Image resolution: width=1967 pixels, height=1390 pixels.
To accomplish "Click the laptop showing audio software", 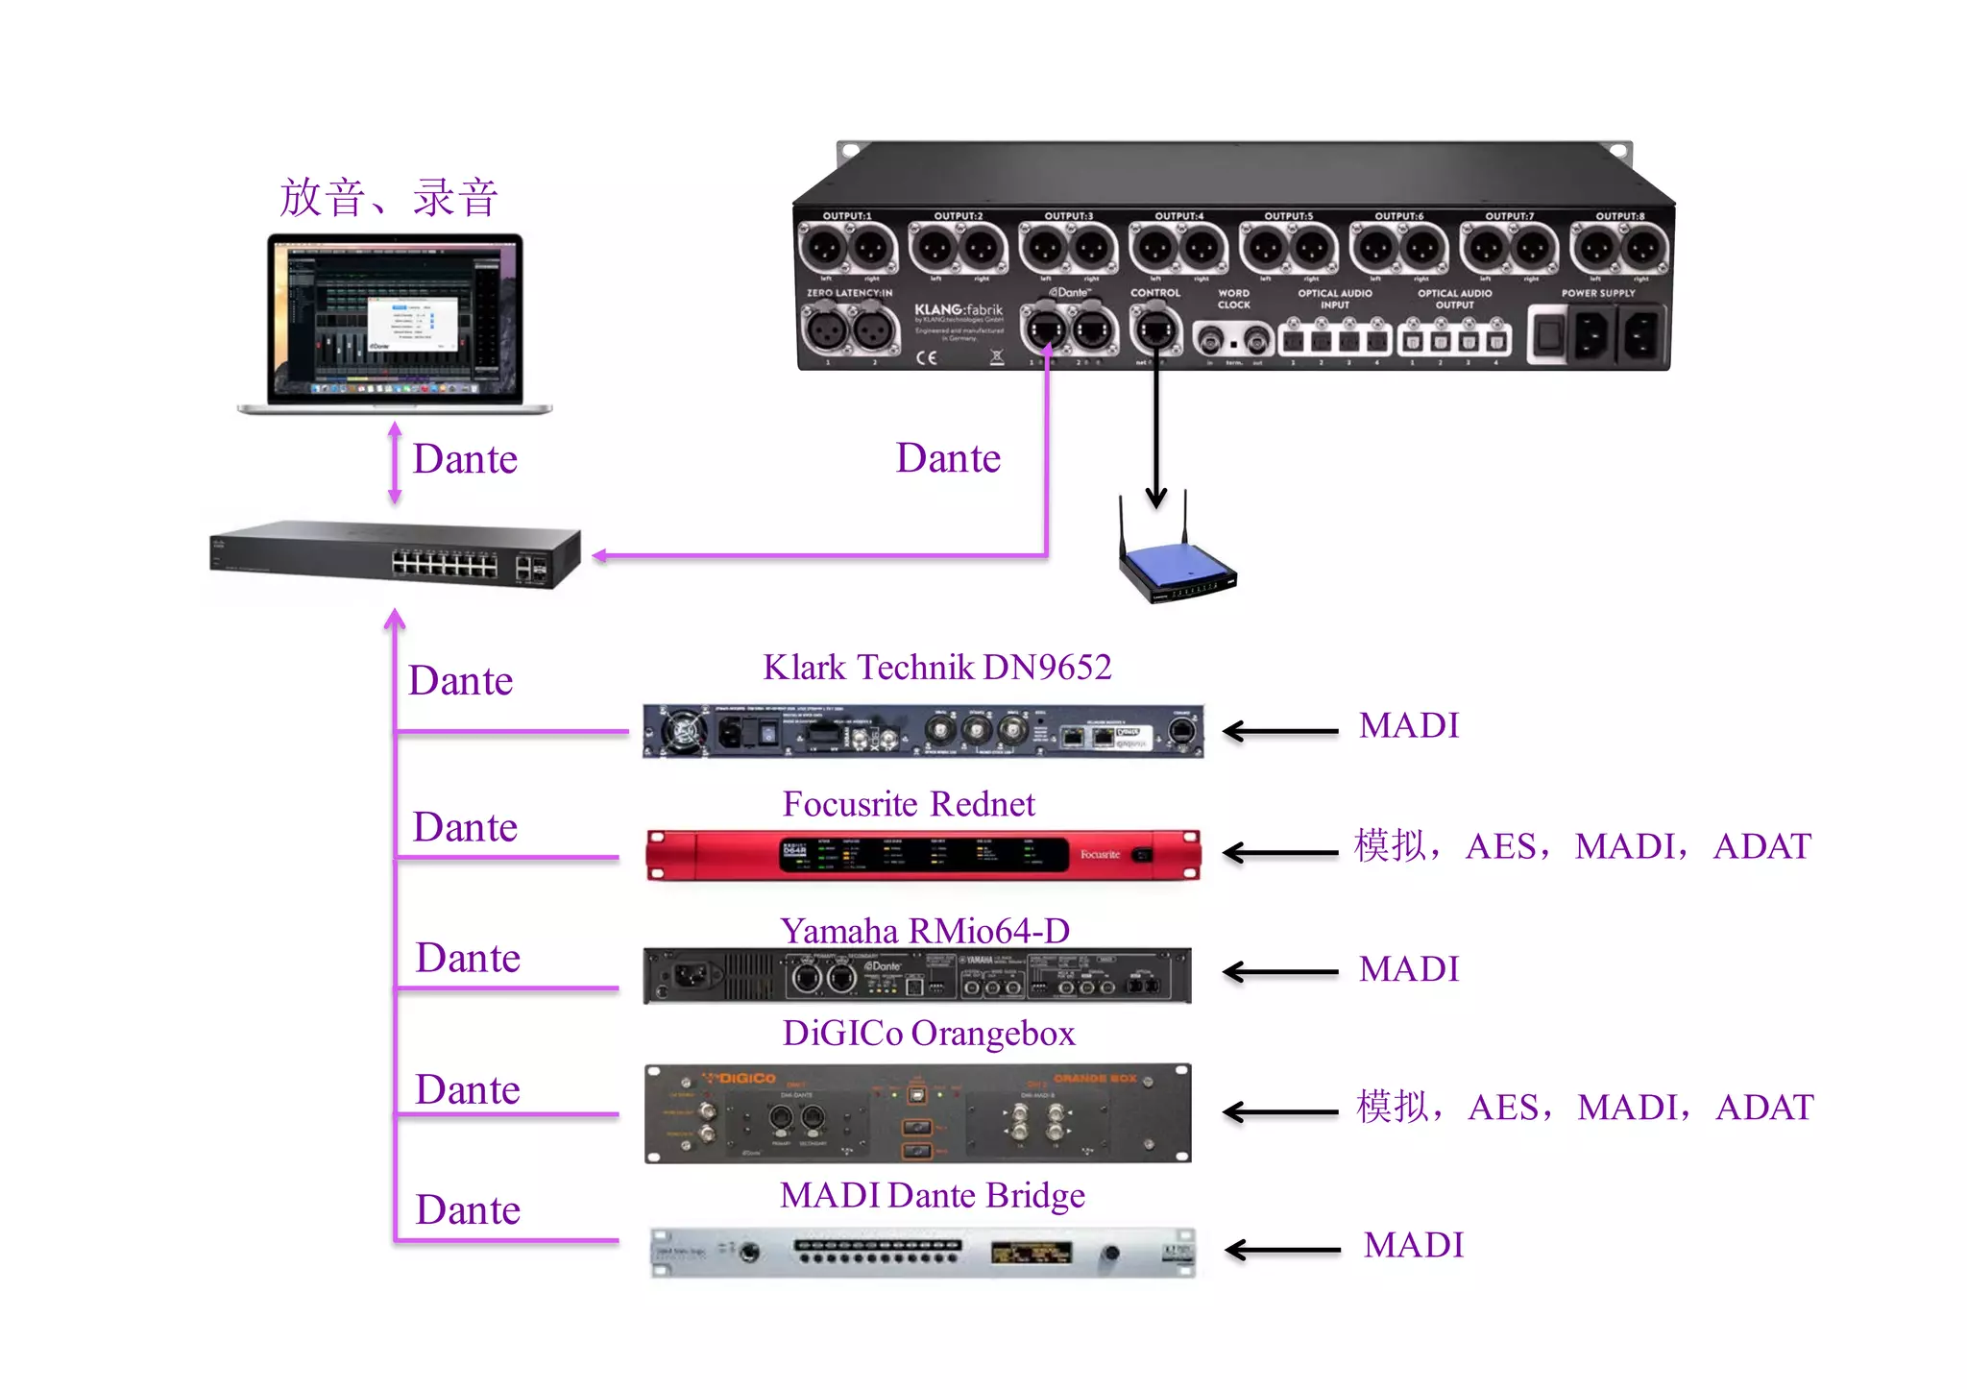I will point(395,322).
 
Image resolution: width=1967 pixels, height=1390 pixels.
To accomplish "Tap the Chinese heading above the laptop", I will point(389,198).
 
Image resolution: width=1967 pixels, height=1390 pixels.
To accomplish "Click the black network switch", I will point(395,554).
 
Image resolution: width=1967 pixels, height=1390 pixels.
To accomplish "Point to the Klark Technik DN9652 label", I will point(936,667).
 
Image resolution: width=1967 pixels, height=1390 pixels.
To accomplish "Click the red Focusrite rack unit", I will point(923,854).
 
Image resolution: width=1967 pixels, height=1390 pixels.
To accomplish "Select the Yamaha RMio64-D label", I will point(924,931).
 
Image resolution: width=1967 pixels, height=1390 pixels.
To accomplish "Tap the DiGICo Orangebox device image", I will point(918,1112).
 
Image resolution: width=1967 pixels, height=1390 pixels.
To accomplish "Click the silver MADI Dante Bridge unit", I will point(923,1252).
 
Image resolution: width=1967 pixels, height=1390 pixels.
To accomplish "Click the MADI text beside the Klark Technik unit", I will point(1409,725).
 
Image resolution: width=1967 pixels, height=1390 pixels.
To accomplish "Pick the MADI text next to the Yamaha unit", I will point(1409,968).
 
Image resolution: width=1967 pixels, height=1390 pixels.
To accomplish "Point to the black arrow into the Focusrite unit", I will point(1280,852).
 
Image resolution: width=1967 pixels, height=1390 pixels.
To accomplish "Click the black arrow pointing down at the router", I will point(1156,432).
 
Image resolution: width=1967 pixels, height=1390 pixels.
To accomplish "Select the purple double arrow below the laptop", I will point(395,463).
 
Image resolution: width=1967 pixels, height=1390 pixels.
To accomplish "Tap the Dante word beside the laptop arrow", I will point(465,459).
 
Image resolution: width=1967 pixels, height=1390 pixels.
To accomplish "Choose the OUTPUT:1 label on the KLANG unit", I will point(846,216).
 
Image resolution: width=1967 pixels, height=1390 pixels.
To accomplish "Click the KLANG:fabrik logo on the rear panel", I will point(958,310).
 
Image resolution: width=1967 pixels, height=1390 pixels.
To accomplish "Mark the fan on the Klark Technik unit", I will point(684,732).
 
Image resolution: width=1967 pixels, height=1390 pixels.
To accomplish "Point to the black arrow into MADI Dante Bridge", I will point(1282,1250).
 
